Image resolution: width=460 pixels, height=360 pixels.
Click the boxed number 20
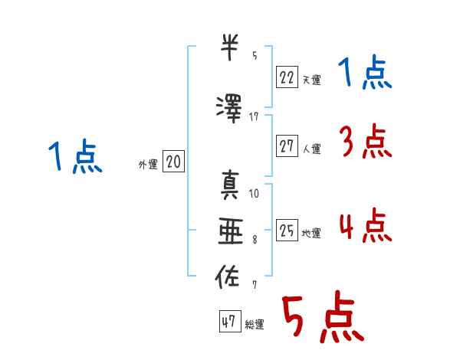(x=173, y=161)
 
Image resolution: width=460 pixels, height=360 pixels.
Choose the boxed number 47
(x=228, y=322)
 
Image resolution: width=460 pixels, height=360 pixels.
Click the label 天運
(x=311, y=79)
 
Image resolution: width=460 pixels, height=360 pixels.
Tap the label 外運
(x=148, y=164)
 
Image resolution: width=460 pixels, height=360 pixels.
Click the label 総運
(x=254, y=325)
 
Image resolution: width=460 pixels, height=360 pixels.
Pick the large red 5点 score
(x=322, y=319)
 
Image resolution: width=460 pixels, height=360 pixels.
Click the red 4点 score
(x=365, y=227)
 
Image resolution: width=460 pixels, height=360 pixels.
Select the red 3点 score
(x=365, y=142)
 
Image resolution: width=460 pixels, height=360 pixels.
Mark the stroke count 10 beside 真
(x=254, y=193)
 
